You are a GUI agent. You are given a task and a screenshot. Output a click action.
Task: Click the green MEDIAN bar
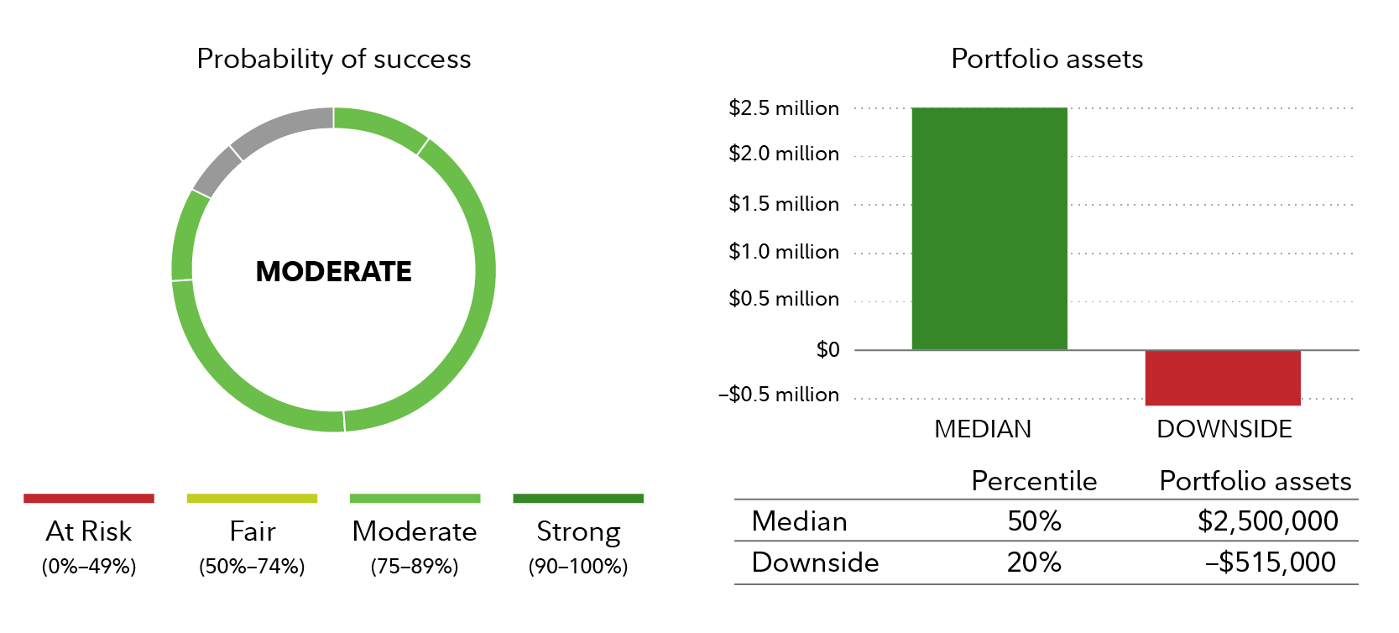click(x=989, y=228)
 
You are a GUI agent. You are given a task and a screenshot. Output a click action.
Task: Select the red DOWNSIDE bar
click(x=1223, y=378)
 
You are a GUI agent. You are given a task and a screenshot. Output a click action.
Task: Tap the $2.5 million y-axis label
click(x=784, y=108)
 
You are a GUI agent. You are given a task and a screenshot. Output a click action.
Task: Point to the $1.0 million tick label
click(x=784, y=252)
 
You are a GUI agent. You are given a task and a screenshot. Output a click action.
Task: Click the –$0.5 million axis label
click(x=779, y=395)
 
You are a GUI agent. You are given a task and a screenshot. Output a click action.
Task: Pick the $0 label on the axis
click(x=828, y=350)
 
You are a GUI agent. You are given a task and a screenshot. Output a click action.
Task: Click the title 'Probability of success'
click(x=334, y=59)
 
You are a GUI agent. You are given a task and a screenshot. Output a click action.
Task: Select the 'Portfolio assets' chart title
click(x=1047, y=59)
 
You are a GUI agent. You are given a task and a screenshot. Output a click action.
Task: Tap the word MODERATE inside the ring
click(x=334, y=271)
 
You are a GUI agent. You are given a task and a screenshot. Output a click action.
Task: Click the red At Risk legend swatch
click(x=89, y=499)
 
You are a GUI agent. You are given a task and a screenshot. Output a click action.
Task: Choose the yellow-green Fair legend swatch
click(x=252, y=499)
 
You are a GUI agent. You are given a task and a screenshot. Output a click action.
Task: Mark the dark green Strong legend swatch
click(x=578, y=499)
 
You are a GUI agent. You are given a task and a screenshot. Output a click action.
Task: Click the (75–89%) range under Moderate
click(x=415, y=567)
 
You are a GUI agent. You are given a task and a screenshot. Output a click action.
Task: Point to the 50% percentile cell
click(x=1034, y=521)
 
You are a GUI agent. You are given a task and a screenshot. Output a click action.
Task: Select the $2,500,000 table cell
click(x=1267, y=521)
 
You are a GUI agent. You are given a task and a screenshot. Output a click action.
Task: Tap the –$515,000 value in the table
click(x=1271, y=562)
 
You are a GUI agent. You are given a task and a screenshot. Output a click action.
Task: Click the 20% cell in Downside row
click(x=1034, y=562)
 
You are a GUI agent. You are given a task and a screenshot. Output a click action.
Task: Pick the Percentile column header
click(x=1034, y=481)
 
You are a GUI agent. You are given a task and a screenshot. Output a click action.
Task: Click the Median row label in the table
click(x=799, y=521)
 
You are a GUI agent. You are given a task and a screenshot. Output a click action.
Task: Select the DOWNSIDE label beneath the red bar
click(x=1224, y=429)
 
